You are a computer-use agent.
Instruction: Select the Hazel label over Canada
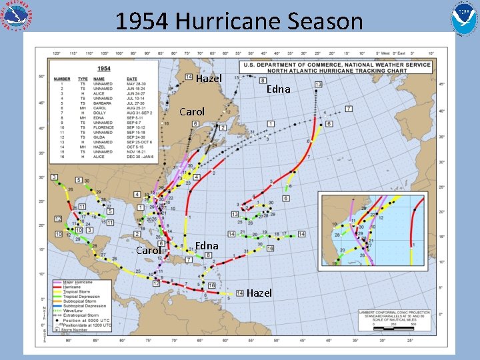tap(209, 79)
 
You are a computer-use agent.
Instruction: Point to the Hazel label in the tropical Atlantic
tap(259, 293)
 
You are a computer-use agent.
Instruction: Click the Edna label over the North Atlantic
tap(279, 89)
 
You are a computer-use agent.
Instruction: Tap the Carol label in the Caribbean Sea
tap(147, 251)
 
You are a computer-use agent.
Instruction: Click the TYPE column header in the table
tap(83, 78)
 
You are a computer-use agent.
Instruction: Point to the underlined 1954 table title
tap(104, 68)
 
